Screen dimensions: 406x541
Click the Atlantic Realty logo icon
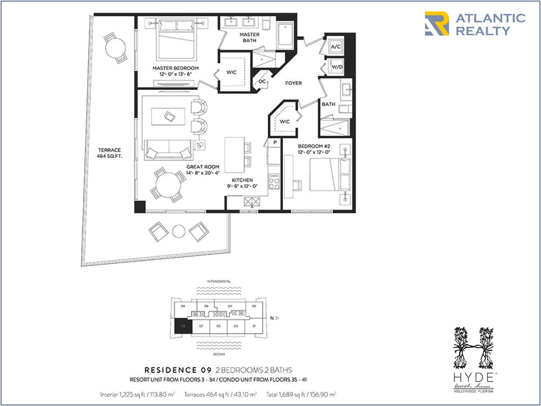(437, 24)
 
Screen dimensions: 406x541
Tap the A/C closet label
(335, 48)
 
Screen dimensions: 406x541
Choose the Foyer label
(294, 83)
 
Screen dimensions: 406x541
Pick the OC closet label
(262, 82)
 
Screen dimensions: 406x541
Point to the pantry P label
(275, 142)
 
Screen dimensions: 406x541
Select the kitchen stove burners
(274, 181)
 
